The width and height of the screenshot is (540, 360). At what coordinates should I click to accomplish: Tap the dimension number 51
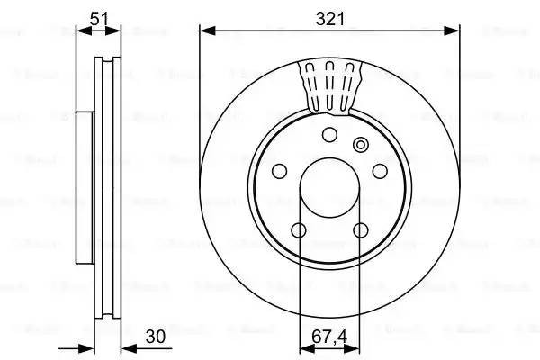(99, 15)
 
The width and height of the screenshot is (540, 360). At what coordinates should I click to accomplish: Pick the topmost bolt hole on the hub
(329, 135)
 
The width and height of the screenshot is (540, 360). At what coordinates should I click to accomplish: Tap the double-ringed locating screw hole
(362, 144)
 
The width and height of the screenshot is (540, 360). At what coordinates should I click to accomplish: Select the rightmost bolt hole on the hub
(380, 170)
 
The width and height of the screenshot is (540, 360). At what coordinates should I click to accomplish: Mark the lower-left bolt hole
(299, 229)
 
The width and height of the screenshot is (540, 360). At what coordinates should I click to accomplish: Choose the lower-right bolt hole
(361, 229)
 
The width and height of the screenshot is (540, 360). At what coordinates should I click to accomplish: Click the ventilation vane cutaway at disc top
(329, 86)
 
